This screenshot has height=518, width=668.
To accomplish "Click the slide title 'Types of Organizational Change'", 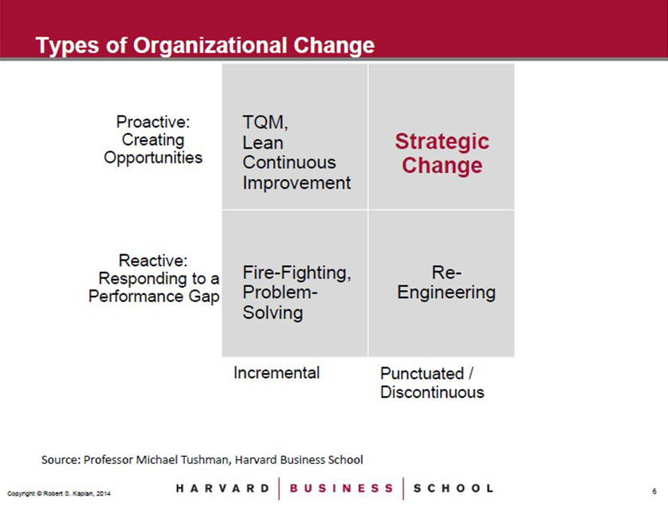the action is tap(205, 45).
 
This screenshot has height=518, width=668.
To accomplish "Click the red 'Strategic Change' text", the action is tap(442, 153).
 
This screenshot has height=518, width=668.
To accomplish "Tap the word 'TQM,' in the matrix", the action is tap(265, 123).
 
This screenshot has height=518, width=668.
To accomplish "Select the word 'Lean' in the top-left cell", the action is tap(263, 143).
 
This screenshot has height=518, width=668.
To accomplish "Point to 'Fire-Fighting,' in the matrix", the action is tap(297, 273).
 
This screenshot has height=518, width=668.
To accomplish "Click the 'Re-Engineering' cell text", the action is tap(446, 282).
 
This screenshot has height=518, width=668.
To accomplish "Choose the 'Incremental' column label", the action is tap(277, 373).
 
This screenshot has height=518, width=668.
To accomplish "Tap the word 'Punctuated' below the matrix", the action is tap(422, 374).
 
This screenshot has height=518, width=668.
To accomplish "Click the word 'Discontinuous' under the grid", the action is tap(432, 392).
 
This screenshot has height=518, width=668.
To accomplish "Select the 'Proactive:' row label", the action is tap(153, 122).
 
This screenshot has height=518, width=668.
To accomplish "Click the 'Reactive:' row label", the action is tap(153, 261).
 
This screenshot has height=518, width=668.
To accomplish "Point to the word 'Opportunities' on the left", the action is tap(153, 158).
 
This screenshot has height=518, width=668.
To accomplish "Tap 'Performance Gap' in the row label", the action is tap(154, 296).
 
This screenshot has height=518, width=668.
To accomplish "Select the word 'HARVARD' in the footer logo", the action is tap(223, 489).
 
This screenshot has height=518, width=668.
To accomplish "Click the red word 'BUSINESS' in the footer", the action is tap(341, 489).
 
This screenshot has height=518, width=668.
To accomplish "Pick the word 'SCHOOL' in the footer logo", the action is tap(454, 489).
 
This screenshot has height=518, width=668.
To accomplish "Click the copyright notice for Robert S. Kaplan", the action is tap(59, 493).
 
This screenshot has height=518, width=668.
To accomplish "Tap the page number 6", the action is tap(654, 492).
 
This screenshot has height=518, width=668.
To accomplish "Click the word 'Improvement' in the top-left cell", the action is tap(297, 183).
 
